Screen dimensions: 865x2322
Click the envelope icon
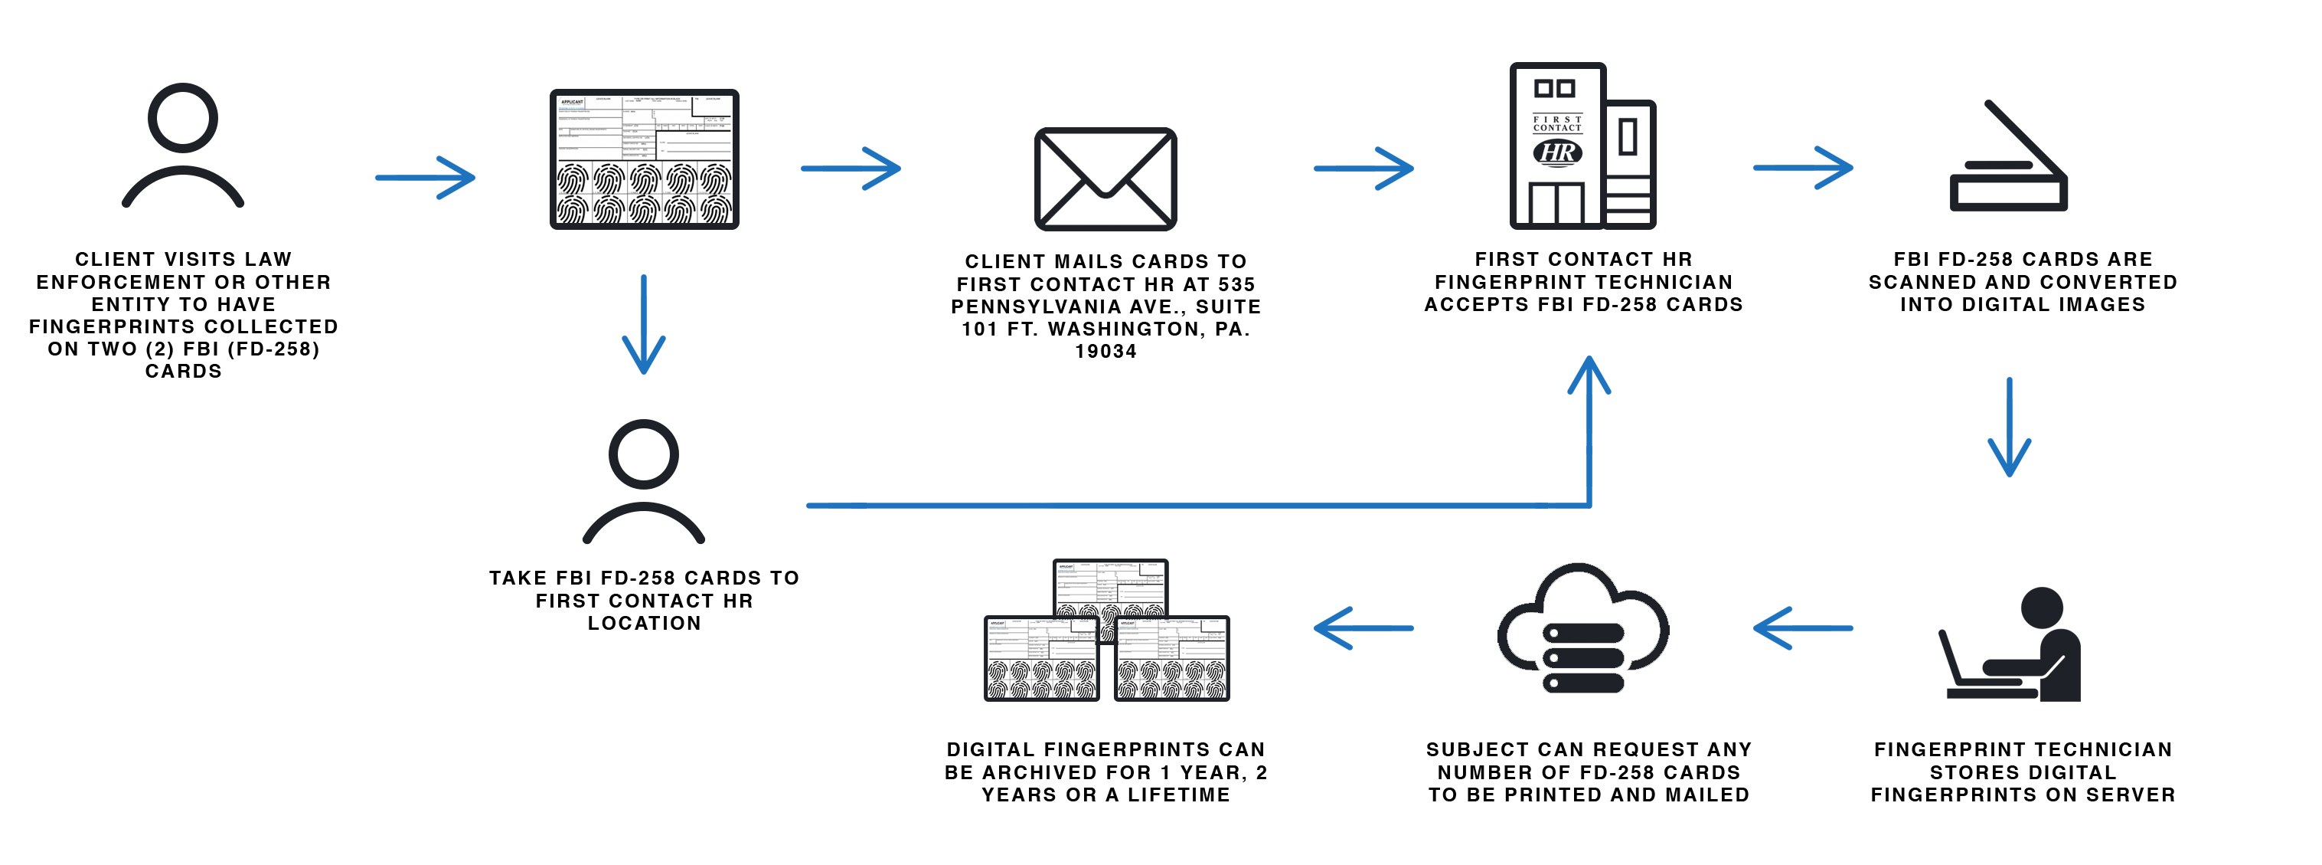click(1105, 179)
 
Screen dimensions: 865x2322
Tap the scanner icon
click(2008, 162)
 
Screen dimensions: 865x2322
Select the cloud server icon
click(1583, 630)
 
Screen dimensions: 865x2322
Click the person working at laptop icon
click(2012, 646)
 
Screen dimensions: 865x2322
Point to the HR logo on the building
click(1558, 152)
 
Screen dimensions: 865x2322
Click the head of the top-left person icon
click(183, 118)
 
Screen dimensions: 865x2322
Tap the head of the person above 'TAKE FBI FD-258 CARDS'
click(644, 454)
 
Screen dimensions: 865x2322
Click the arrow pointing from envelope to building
click(1363, 169)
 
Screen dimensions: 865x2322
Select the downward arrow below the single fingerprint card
click(644, 325)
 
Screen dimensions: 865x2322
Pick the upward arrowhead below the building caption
click(1589, 375)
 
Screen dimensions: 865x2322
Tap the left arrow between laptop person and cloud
click(1803, 627)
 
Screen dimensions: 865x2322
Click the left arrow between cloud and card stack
click(1363, 627)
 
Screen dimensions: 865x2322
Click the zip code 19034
click(1106, 352)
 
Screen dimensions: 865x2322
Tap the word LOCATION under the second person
click(644, 623)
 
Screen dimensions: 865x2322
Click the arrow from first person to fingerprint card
click(426, 178)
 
